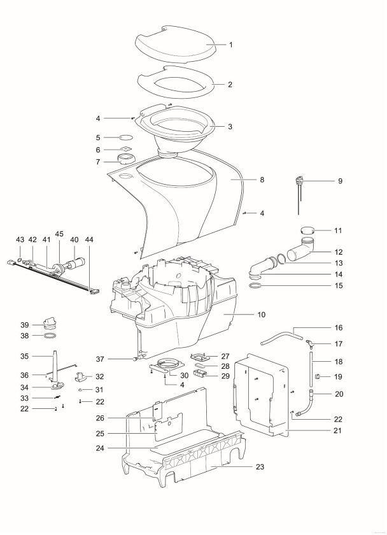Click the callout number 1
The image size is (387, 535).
231,45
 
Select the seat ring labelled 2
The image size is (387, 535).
176,82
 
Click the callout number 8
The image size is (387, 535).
262,180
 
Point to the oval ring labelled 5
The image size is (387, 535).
125,138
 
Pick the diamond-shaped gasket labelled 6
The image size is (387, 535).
126,149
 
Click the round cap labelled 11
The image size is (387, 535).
308,231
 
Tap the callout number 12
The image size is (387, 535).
339,252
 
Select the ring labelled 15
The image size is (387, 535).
256,285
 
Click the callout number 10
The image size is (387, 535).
261,314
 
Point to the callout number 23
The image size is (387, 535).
260,466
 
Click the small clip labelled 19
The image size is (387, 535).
317,376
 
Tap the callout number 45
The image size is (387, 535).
59,234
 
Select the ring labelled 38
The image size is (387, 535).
50,336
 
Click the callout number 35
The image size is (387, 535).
25,356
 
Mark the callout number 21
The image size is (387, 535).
337,431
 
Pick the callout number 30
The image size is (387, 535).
184,375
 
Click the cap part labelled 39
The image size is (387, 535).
50,322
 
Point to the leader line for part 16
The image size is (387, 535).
313,327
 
